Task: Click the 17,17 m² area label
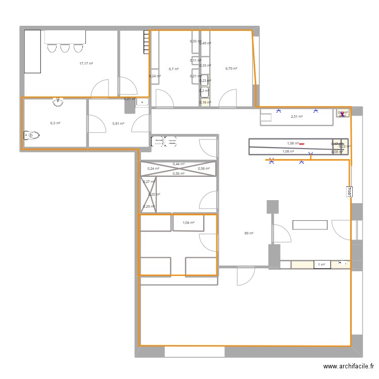click(x=86, y=64)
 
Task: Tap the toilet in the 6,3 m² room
click(x=31, y=135)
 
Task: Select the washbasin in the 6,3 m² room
click(x=59, y=103)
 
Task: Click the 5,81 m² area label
click(x=118, y=123)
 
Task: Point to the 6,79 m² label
click(x=231, y=69)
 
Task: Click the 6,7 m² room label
click(x=173, y=69)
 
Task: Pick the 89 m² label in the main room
click(x=249, y=233)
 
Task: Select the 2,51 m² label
click(x=297, y=117)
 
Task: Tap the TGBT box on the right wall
click(x=349, y=192)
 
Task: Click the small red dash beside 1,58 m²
click(x=302, y=144)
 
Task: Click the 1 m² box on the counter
click(x=320, y=264)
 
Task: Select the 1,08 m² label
click(x=289, y=151)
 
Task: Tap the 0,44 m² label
click(x=178, y=164)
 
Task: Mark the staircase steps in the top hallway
click(x=147, y=42)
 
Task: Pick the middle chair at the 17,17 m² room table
click(x=65, y=48)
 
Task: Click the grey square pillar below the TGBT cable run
click(x=272, y=207)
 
